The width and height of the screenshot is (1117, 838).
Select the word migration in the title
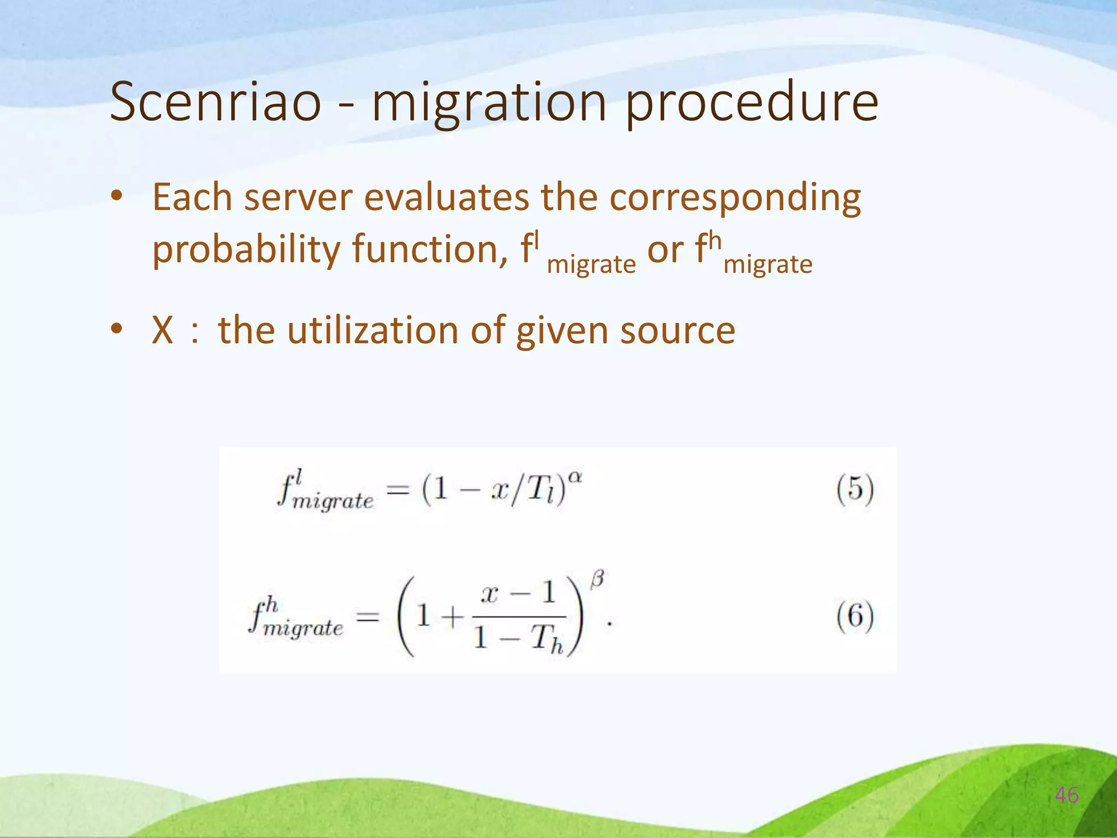click(489, 104)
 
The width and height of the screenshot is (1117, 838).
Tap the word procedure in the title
click(751, 104)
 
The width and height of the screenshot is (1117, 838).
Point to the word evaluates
click(446, 197)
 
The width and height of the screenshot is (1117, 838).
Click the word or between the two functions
click(665, 250)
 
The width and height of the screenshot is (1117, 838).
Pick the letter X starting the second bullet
click(163, 330)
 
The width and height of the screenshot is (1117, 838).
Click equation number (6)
click(855, 616)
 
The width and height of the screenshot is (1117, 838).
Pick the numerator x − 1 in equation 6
click(518, 593)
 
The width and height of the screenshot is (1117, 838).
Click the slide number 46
click(1066, 795)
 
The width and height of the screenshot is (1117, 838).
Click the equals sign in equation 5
click(398, 489)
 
